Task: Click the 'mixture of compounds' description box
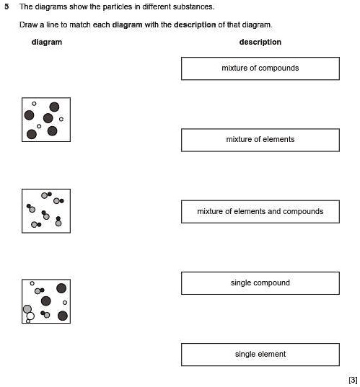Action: pyautogui.click(x=260, y=68)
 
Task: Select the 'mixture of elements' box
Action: pyautogui.click(x=260, y=140)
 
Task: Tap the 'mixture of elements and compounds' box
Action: pyautogui.click(x=260, y=211)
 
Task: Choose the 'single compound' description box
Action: pyautogui.click(x=260, y=283)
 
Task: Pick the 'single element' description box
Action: pyautogui.click(x=260, y=355)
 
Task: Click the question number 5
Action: pyautogui.click(x=6, y=6)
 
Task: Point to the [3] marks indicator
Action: pyautogui.click(x=352, y=380)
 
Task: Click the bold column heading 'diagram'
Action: pyautogui.click(x=47, y=42)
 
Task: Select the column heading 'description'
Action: pyautogui.click(x=260, y=42)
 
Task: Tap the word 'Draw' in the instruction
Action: pyautogui.click(x=28, y=25)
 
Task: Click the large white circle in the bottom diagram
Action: pyautogui.click(x=30, y=316)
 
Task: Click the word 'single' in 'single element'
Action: pyautogui.click(x=245, y=355)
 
